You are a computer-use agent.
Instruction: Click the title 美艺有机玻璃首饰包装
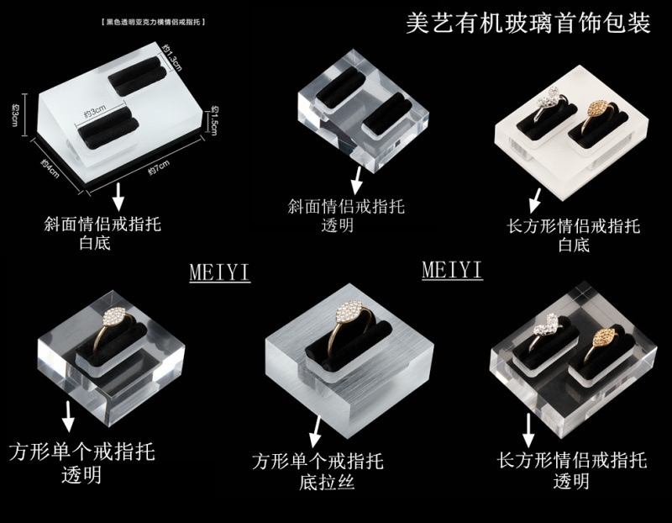tap(528, 23)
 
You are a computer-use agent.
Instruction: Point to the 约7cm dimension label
tap(159, 167)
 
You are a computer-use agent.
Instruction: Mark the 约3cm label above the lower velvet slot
tap(93, 110)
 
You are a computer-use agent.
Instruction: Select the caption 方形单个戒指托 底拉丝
tap(318, 472)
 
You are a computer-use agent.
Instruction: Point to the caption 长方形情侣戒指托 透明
tap(571, 470)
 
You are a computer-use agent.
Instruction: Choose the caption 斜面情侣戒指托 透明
tap(345, 216)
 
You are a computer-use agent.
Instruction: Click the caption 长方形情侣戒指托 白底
tap(575, 235)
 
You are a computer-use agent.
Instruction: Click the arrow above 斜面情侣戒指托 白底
tap(118, 196)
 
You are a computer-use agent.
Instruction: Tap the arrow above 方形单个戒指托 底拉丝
tap(316, 435)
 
